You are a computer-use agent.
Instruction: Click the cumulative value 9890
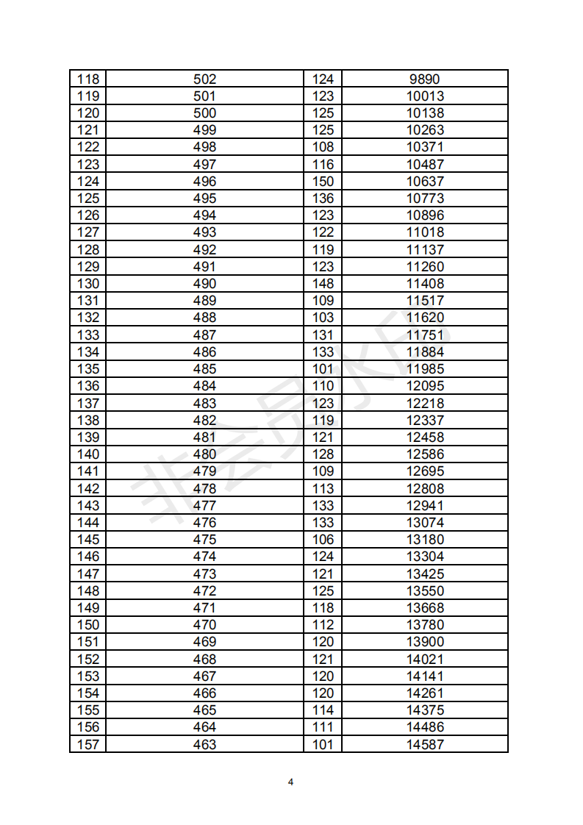click(425, 79)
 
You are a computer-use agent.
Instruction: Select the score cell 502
click(204, 79)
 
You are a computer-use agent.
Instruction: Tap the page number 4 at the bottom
click(291, 782)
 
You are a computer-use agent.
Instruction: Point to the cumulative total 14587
click(425, 744)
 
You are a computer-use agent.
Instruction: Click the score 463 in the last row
click(204, 744)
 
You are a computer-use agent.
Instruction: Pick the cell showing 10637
click(425, 181)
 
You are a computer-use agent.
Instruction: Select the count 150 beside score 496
click(323, 181)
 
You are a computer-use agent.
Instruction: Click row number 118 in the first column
click(87, 79)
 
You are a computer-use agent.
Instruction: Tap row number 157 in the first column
click(87, 744)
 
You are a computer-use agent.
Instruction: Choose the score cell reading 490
click(204, 284)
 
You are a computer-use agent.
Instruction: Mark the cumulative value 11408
click(425, 284)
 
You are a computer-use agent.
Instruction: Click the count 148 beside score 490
click(323, 284)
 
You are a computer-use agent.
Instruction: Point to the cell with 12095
click(425, 386)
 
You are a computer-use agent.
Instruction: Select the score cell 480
click(204, 454)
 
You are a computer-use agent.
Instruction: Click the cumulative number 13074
click(425, 523)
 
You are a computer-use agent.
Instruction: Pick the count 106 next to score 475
click(323, 540)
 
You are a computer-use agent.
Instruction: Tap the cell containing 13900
click(425, 642)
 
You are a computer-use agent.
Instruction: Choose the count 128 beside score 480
click(323, 454)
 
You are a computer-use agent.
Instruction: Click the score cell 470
click(204, 625)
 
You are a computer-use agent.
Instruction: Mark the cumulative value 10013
click(425, 96)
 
